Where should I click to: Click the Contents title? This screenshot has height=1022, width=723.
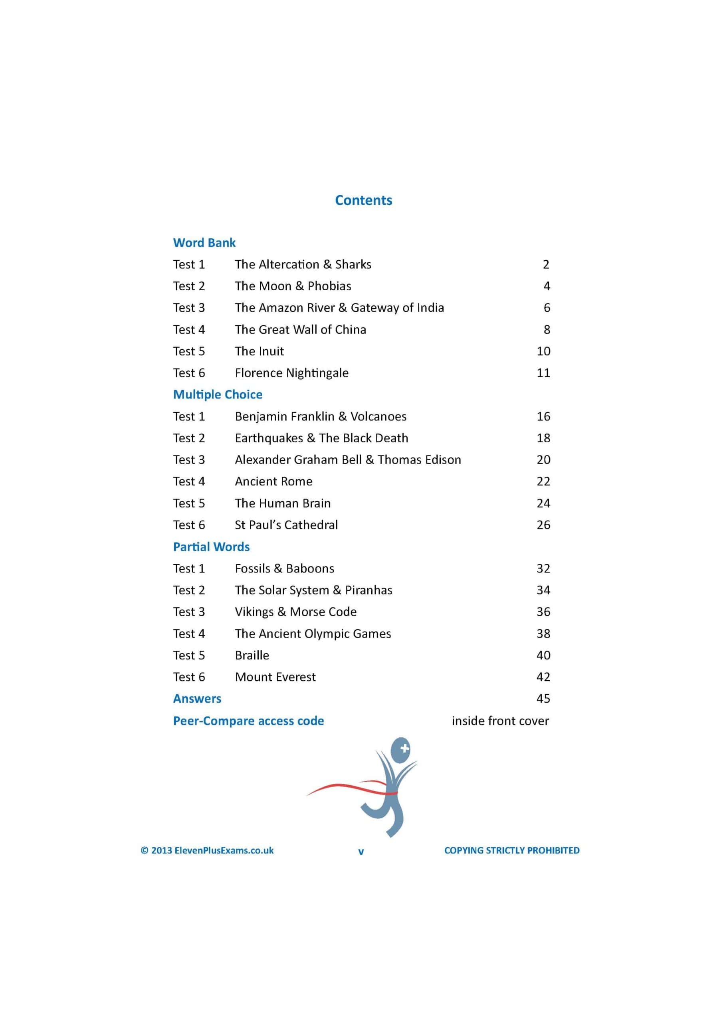coord(363,200)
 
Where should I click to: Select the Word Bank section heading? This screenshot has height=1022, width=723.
coord(204,243)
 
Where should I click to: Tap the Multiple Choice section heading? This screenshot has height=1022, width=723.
coord(217,394)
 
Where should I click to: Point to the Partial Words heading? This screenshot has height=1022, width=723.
coord(211,547)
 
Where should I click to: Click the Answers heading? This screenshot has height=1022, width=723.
coord(197,698)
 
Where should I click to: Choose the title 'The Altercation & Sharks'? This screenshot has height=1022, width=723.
coord(303,264)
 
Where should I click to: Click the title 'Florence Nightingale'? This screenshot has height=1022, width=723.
coord(291,373)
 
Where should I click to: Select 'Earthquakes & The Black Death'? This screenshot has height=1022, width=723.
coord(321,438)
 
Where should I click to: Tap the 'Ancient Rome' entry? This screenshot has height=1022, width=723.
coord(273,481)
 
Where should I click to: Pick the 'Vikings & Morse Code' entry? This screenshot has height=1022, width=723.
coord(295,612)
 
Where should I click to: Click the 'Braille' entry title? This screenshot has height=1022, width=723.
coord(252,655)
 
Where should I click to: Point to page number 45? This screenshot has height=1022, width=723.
coord(543,698)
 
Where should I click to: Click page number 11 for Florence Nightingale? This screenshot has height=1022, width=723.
coord(543,373)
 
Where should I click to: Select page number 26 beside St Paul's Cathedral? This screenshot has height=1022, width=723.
coord(543,525)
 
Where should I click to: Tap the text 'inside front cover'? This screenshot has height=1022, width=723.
coord(500,721)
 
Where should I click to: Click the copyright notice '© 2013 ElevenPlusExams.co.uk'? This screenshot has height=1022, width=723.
coord(207,850)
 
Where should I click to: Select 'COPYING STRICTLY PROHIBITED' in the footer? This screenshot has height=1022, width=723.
coord(511,850)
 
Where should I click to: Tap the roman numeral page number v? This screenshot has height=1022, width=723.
coord(361,852)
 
